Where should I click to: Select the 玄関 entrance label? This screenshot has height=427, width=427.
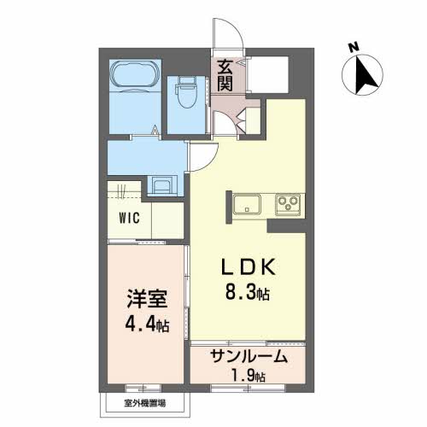[x=225, y=74]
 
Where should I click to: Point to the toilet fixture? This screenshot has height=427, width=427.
[x=185, y=93]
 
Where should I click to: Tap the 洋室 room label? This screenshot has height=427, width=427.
[x=145, y=301]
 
